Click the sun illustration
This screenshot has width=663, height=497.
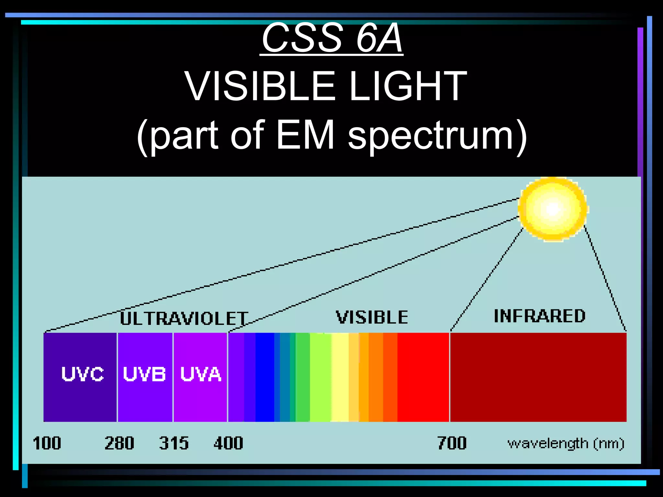553,209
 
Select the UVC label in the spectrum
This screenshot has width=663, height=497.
83,374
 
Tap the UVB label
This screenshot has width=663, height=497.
144,374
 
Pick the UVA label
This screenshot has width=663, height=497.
201,374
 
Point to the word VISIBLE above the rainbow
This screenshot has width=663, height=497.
372,317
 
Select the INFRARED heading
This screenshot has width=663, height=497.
539,316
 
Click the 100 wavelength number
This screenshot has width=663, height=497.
47,443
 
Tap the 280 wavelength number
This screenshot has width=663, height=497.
119,443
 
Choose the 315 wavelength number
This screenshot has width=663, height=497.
174,443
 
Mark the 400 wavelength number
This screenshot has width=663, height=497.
228,443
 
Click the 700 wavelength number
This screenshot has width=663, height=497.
452,443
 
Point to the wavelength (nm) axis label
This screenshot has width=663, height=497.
566,444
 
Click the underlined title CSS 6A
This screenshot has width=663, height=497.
332,38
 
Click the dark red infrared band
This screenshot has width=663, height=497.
538,377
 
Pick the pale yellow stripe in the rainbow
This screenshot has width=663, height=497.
340,377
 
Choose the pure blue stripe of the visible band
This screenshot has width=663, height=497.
264,377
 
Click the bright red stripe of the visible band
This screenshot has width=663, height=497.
423,377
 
